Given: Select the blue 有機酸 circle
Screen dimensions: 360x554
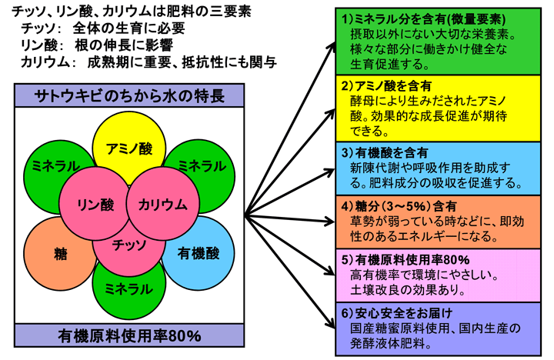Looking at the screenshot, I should click(199, 250).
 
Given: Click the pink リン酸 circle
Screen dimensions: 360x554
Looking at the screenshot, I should click(96, 204).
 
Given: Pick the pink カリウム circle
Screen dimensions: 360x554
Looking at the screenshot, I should click(162, 204).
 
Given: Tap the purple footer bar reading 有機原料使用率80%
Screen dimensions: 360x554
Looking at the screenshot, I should click(129, 335).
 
